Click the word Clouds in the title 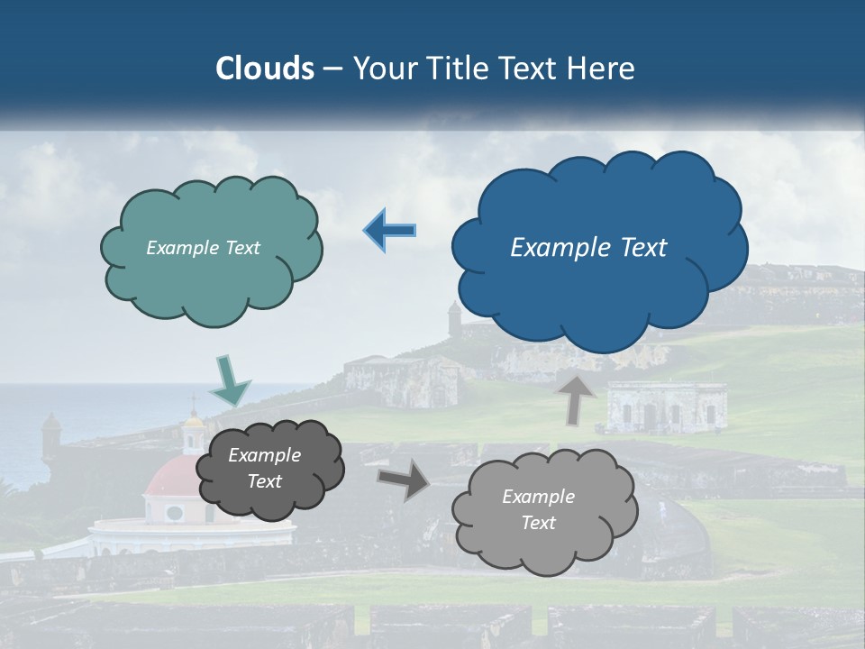(265, 69)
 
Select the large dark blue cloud (599, 270)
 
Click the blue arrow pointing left (390, 231)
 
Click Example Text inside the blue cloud (588, 248)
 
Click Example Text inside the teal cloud (203, 248)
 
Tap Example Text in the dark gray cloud (264, 469)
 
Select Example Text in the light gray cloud (538, 509)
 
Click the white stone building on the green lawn (666, 407)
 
